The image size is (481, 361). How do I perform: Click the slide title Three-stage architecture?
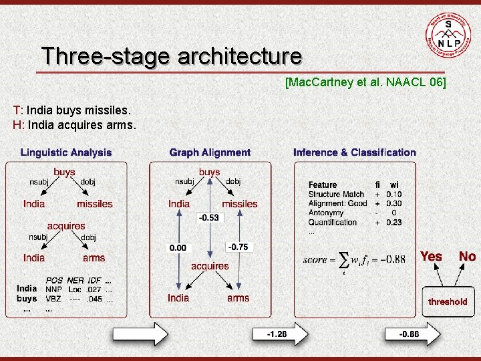(171, 55)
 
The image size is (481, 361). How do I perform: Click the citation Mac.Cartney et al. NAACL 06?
(365, 82)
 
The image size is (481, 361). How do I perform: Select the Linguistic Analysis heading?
(66, 152)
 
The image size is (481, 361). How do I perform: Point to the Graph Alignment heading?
(210, 152)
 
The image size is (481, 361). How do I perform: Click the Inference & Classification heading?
(354, 152)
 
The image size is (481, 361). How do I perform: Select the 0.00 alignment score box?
(178, 247)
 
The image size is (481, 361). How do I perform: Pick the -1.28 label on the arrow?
(277, 333)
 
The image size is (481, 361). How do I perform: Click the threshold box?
(448, 302)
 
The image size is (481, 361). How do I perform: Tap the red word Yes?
(431, 256)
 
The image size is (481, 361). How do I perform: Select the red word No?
(467, 256)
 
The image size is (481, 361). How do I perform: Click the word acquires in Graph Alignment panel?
(210, 266)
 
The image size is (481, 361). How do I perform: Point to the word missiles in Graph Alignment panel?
(239, 204)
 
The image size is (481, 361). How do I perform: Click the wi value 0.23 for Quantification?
(394, 223)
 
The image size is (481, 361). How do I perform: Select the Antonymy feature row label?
(326, 213)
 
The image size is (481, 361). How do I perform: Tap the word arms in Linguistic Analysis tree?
(94, 257)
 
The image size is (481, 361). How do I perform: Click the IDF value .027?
(96, 289)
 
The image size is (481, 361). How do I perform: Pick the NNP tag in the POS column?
(53, 289)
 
